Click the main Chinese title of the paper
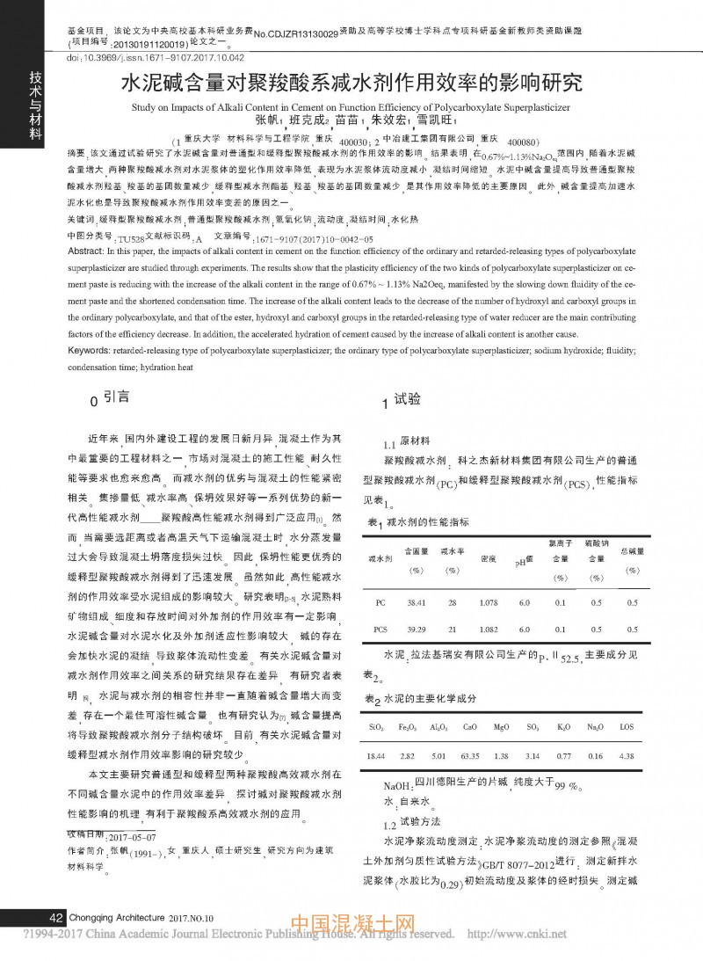coord(351,84)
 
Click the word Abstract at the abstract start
coord(87,251)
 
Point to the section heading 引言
coord(114,398)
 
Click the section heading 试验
coord(407,400)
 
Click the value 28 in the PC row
coord(453,604)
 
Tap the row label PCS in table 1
coord(380,630)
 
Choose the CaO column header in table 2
coord(469,727)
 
